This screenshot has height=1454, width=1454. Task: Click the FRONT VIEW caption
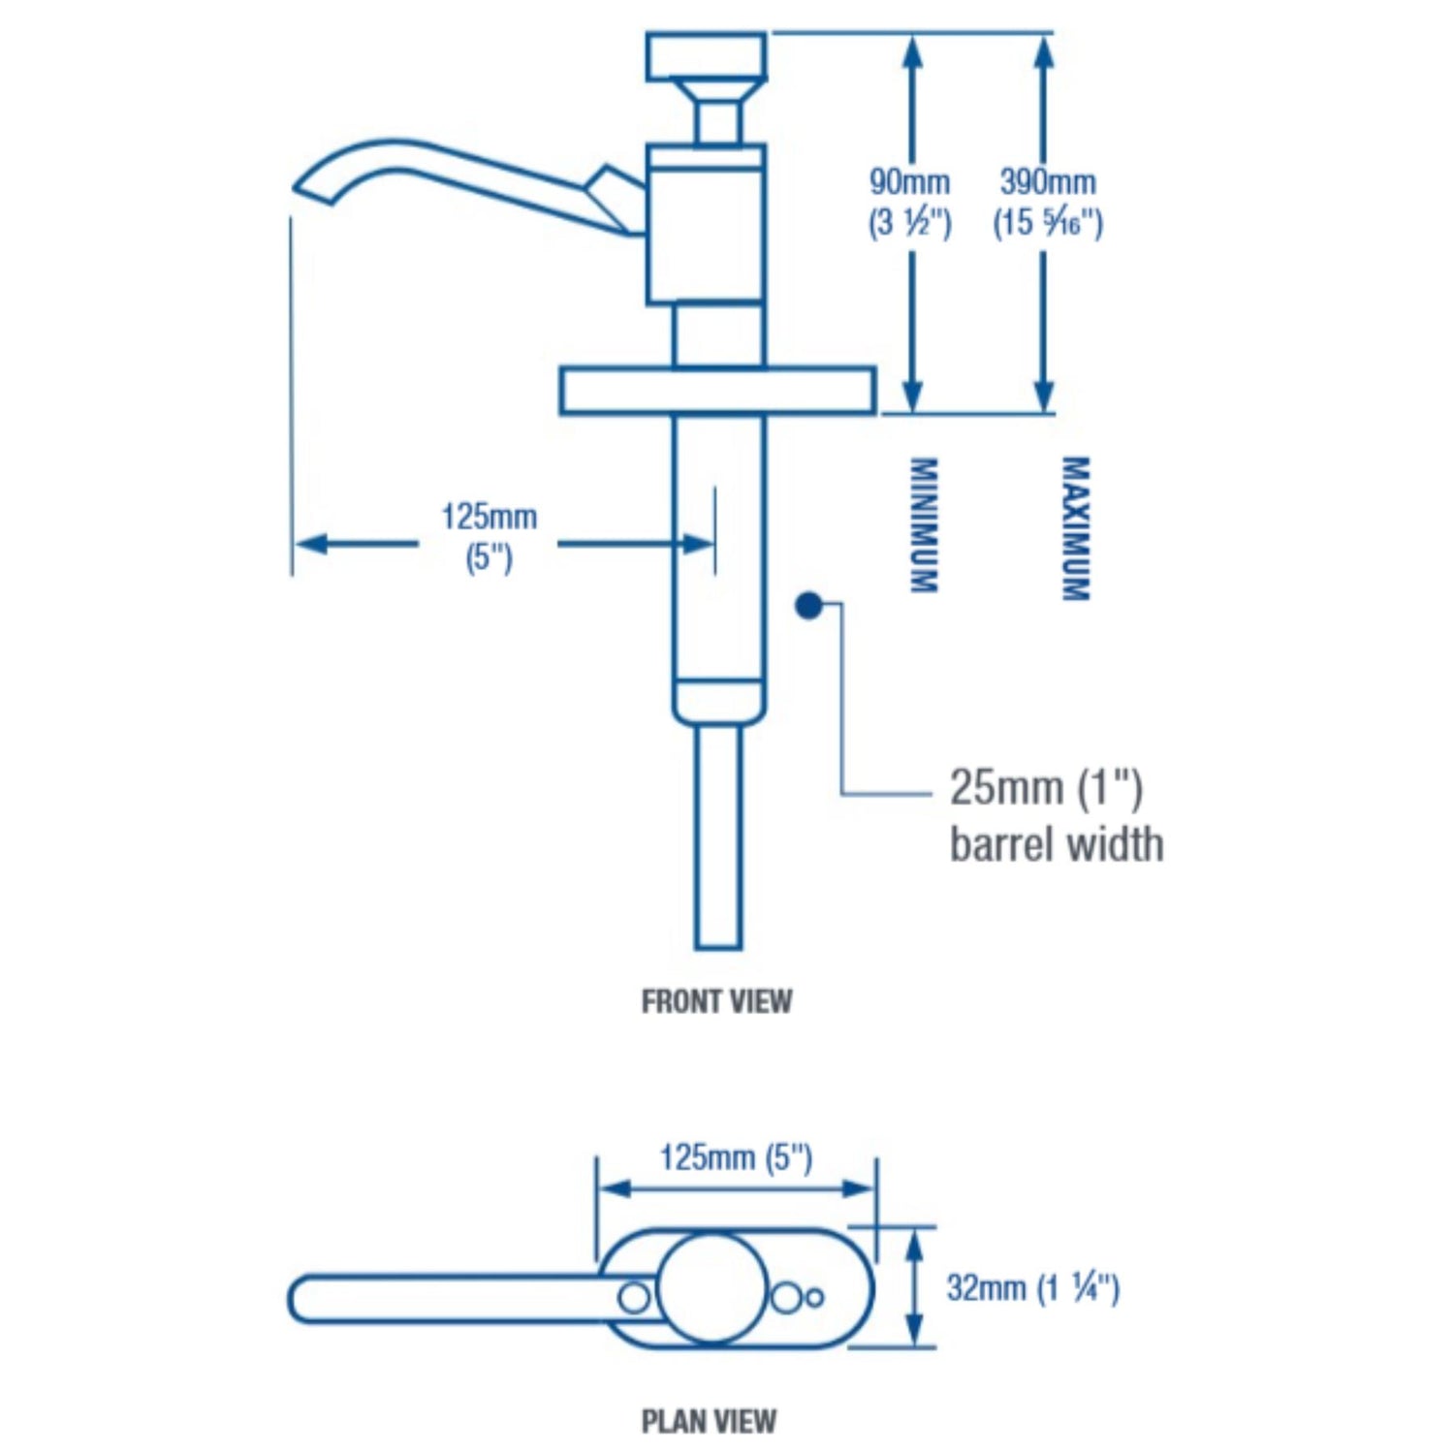tap(716, 1000)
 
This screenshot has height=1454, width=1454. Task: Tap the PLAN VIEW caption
tap(709, 1421)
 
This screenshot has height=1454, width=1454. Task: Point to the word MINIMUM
tap(923, 524)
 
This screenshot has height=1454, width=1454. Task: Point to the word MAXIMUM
tap(1075, 528)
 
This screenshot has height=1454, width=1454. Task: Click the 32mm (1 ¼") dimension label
tap(1032, 1288)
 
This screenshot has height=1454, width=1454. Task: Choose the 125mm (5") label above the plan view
tap(736, 1157)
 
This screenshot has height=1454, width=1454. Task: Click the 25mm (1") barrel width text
tap(1056, 815)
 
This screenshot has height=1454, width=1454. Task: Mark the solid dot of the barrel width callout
tap(808, 606)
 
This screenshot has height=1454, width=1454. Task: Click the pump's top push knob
tap(707, 55)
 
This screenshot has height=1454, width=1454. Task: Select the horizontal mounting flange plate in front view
tap(717, 391)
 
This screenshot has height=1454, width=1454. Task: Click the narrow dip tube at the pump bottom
tap(718, 838)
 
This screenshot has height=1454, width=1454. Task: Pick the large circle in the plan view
tap(712, 1288)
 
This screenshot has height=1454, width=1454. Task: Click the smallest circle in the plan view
tap(814, 1297)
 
